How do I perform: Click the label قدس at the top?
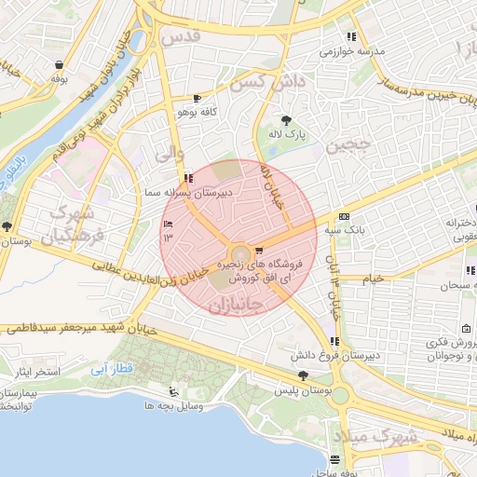tap(181, 37)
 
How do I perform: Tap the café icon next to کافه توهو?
tap(197, 99)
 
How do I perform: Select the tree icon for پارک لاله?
tap(285, 119)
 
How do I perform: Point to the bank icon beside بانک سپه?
tap(344, 214)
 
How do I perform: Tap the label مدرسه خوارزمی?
tap(353, 51)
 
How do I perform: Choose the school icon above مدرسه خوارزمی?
tap(350, 37)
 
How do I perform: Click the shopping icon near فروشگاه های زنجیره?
tap(258, 250)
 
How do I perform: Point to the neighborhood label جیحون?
tap(348, 145)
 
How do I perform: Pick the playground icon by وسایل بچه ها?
tap(173, 392)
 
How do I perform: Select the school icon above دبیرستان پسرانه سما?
tap(189, 178)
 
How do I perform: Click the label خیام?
tap(373, 279)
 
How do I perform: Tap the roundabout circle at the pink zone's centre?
tap(240, 253)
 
